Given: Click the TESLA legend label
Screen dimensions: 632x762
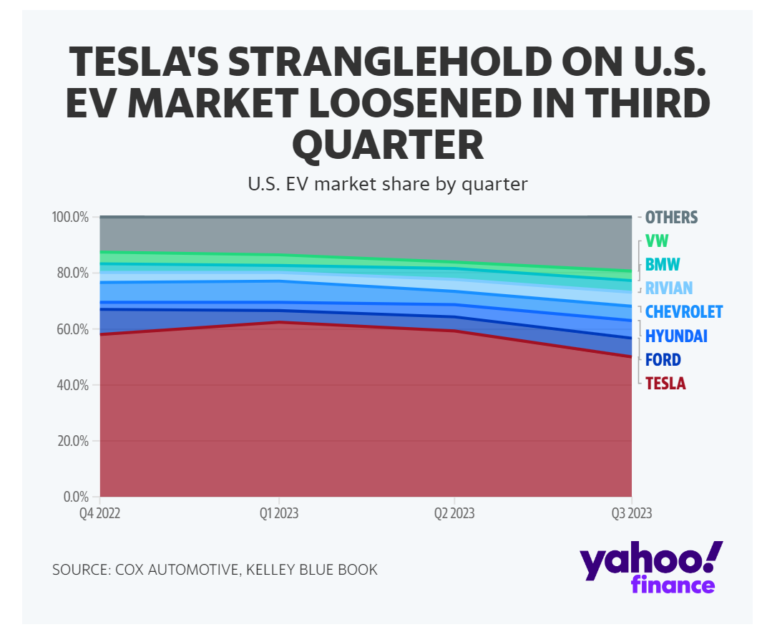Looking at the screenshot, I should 665,384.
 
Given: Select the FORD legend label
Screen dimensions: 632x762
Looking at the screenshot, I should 663,360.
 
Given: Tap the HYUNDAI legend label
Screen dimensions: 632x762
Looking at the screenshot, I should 675,336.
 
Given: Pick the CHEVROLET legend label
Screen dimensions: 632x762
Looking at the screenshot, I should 683,312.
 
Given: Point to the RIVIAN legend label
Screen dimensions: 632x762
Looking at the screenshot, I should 668,288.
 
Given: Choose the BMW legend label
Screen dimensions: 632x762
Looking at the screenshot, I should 662,265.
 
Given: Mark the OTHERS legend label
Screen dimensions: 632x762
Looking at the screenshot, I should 671,217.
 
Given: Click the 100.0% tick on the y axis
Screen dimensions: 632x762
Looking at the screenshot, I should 70,217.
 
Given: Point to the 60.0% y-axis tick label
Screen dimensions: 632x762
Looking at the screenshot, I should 72,329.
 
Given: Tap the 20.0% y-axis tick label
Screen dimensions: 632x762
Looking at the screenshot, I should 72,441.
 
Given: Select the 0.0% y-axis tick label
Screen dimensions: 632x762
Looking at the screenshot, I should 74,497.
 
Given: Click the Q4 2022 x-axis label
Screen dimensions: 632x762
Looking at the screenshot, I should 99,513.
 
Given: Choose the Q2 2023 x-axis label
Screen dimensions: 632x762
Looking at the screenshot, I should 454,513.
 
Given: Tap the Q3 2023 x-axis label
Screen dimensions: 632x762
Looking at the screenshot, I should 630,513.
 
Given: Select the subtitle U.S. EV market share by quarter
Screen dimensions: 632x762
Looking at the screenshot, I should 387,184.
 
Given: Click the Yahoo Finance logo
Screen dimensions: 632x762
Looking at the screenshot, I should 650,567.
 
